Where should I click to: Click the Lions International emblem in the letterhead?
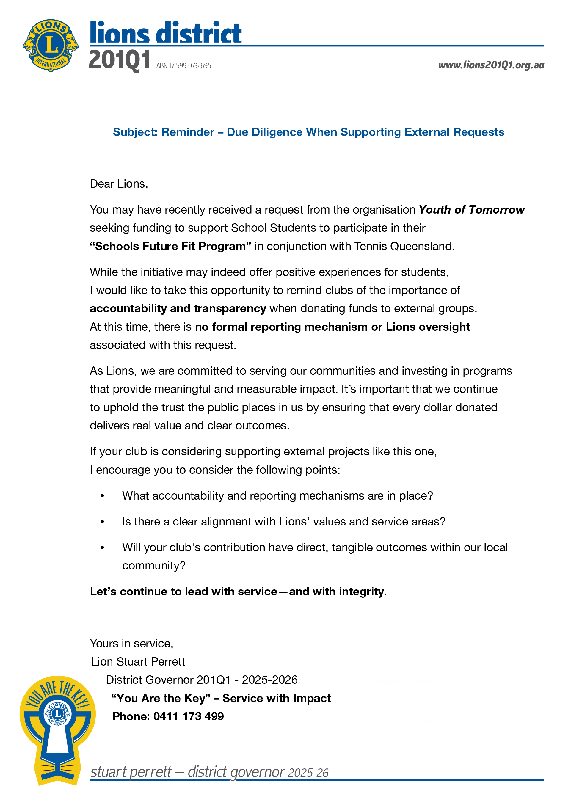click(x=51, y=46)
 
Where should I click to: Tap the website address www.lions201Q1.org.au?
click(x=491, y=65)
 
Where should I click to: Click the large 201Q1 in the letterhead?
click(x=119, y=60)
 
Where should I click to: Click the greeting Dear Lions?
click(x=119, y=184)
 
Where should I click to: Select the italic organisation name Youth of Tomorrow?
click(x=471, y=210)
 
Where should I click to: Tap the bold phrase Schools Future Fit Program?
click(x=171, y=246)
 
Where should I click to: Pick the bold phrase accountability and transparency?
click(x=178, y=309)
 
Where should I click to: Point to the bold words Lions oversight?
click(x=428, y=327)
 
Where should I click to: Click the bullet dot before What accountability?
click(x=102, y=496)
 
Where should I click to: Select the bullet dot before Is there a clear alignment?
click(x=102, y=522)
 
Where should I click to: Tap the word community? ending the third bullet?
click(x=153, y=566)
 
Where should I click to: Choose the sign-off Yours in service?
click(x=131, y=643)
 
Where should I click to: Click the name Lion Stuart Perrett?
click(x=138, y=662)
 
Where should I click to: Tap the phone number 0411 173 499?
click(x=188, y=716)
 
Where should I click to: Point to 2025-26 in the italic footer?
click(x=308, y=773)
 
